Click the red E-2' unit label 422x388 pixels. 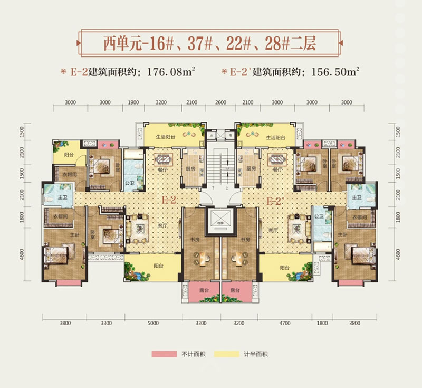[276, 201]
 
